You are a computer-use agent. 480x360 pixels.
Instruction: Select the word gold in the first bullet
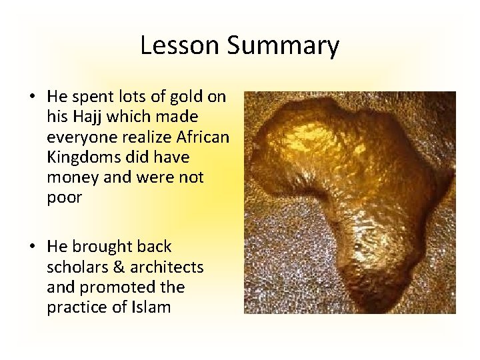(187, 97)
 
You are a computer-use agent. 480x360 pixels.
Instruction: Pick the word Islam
(153, 307)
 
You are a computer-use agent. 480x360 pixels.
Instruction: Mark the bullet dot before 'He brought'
(32, 247)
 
